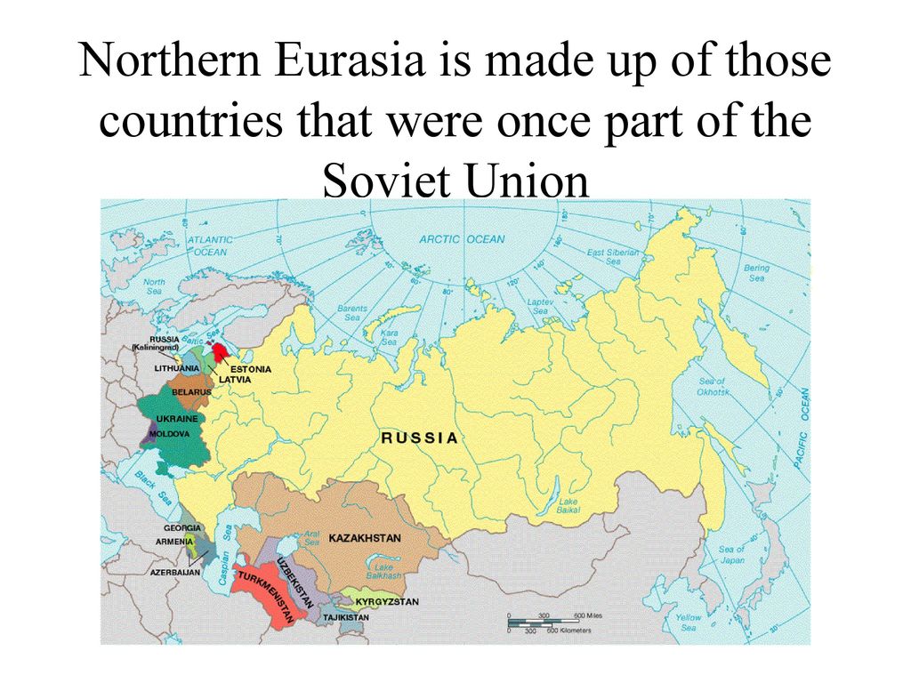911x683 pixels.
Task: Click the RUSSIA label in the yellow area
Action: tap(420, 438)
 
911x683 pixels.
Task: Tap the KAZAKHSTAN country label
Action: tap(365, 538)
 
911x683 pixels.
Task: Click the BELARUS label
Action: tap(190, 391)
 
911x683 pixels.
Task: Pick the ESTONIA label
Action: tap(251, 368)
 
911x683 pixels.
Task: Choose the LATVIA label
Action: tap(235, 380)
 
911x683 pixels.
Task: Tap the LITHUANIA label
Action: tap(176, 367)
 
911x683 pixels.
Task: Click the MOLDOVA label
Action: tap(169, 434)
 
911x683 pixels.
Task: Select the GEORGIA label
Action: tap(182, 528)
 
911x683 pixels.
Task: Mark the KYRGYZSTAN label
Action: tap(387, 602)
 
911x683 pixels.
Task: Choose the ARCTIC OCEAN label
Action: tap(462, 238)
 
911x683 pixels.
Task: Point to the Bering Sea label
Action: tap(756, 272)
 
